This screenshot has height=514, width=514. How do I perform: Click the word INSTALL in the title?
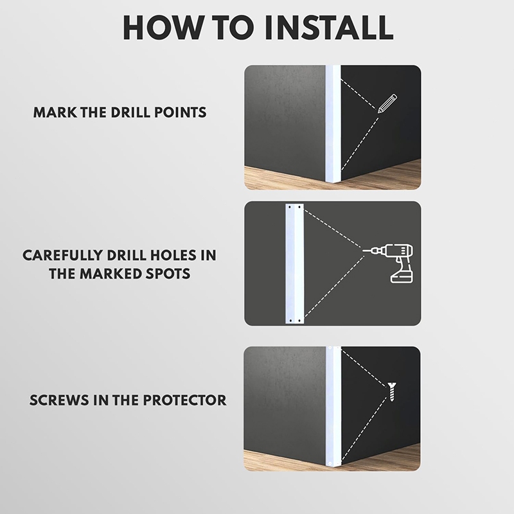pyautogui.click(x=333, y=28)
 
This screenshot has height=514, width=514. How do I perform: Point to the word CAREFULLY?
pyautogui.click(x=62, y=255)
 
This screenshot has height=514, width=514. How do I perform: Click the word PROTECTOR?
pyautogui.click(x=184, y=400)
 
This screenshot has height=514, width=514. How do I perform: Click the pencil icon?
pyautogui.click(x=387, y=103)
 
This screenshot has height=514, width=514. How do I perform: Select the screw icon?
pyautogui.click(x=392, y=391)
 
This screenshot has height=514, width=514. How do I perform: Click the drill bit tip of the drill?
pyautogui.click(x=363, y=251)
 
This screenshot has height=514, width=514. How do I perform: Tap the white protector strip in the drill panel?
pyautogui.click(x=295, y=263)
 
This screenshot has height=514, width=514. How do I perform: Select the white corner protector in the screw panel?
pyautogui.click(x=333, y=406)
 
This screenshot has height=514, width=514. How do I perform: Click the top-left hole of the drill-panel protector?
pyautogui.click(x=290, y=207)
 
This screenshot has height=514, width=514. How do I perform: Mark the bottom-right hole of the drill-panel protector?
pyautogui.click(x=299, y=320)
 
